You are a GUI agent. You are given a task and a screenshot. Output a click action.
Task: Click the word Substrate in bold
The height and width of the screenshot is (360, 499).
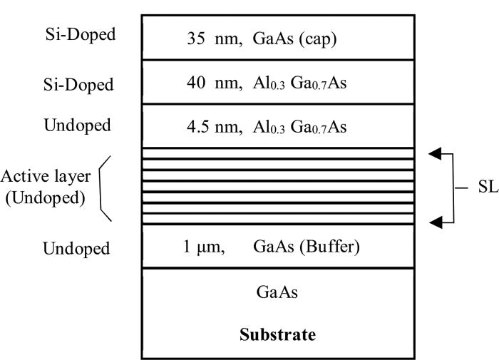(277, 334)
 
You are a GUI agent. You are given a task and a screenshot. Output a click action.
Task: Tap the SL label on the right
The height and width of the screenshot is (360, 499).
(489, 188)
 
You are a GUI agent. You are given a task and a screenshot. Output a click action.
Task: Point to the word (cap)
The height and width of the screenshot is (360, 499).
(319, 38)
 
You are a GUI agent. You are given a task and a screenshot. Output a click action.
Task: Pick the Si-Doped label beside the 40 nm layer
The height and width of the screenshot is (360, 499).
(77, 84)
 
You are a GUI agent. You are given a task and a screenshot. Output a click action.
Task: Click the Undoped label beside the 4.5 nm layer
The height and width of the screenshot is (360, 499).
(78, 126)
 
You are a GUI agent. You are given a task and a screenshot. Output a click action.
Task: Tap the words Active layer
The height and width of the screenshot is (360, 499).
(46, 176)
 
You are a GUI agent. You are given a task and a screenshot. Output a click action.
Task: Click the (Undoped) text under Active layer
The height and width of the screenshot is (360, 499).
(46, 197)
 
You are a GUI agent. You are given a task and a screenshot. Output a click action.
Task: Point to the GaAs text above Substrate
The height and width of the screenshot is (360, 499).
(277, 292)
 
